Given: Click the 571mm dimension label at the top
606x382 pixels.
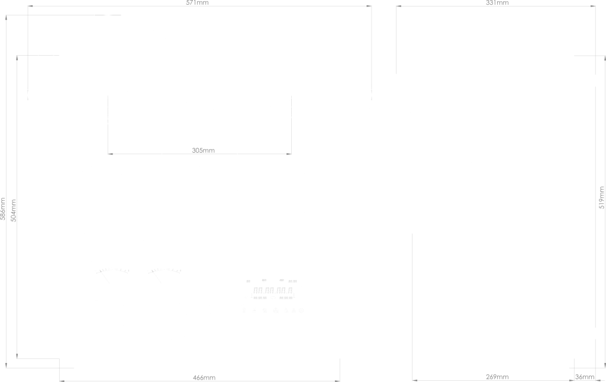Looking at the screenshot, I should pos(199,3).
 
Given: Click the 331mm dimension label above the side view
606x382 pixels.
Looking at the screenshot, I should pos(497,3).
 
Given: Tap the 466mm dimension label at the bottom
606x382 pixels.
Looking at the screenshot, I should pos(203,377).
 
